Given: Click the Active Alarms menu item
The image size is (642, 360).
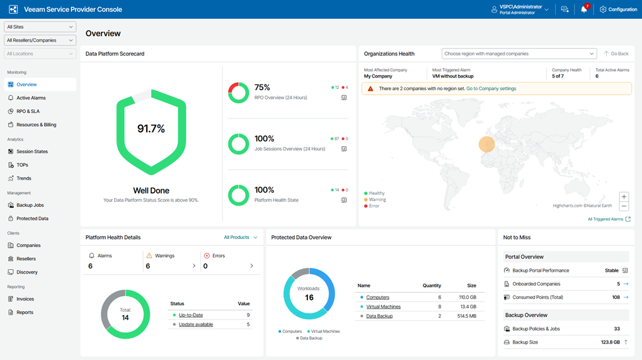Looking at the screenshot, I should click(31, 98).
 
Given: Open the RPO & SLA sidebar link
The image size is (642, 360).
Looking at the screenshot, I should click(28, 111).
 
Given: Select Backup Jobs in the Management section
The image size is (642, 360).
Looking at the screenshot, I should click(30, 205).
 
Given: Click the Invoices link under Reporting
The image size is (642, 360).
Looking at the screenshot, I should click(25, 299).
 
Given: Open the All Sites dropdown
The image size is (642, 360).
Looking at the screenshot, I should click(40, 27).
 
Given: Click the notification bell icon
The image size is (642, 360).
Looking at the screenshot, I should click(583, 9).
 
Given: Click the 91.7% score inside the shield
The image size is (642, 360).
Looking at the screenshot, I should click(151, 129).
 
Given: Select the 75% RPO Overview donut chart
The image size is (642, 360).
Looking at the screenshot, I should click(238, 93).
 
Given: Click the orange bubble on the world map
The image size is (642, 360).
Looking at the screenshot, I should click(486, 144).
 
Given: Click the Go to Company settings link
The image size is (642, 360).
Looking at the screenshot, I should click(491, 89).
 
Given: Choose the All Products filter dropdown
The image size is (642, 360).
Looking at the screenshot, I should click(241, 238).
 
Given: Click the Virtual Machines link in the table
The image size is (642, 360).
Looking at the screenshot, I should click(383, 306).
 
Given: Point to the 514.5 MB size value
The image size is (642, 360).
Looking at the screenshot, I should click(466, 316).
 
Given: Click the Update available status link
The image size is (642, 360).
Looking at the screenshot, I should click(195, 325).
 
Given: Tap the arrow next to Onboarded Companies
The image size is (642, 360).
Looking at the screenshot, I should click(626, 284).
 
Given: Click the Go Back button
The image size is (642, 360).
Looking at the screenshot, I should click(616, 54).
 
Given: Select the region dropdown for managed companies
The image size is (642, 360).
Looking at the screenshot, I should click(519, 54).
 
